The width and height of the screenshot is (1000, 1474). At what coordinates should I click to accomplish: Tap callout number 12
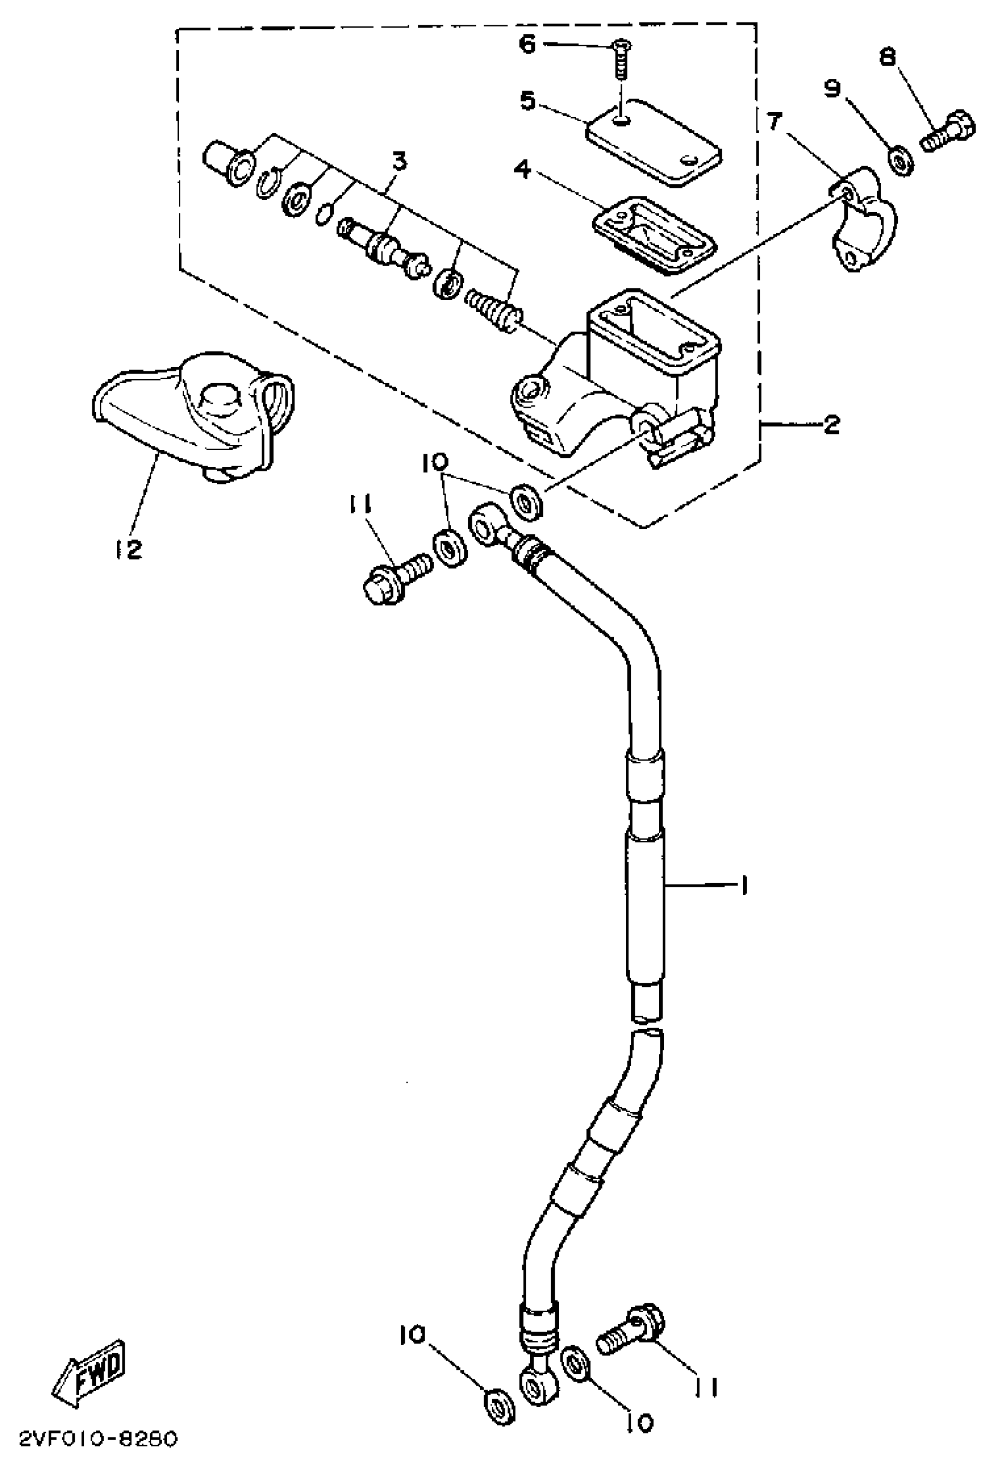click(x=129, y=549)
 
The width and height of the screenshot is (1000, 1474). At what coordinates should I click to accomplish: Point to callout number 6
click(x=528, y=45)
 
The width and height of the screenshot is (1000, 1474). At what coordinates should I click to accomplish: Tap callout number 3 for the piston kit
click(x=399, y=163)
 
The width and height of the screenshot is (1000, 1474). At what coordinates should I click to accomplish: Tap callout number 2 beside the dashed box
click(x=831, y=424)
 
